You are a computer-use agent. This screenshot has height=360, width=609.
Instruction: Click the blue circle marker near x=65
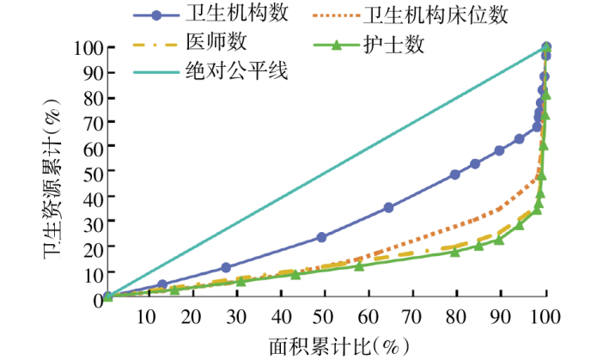pyautogui.click(x=389, y=207)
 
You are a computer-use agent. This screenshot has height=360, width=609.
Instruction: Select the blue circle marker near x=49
pyautogui.click(x=322, y=237)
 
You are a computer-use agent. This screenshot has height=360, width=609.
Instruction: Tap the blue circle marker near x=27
pyautogui.click(x=226, y=267)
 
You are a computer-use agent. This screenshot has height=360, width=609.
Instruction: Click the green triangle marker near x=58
pyautogui.click(x=360, y=265)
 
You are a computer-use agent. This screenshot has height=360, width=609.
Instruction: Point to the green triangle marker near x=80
pyautogui.click(x=455, y=251)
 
